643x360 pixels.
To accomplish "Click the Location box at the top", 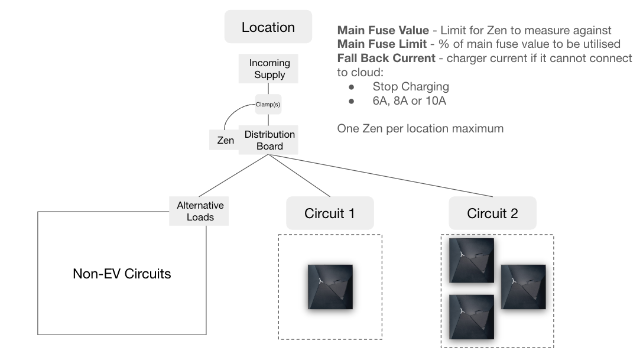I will [268, 27].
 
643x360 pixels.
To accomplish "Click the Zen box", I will [225, 140].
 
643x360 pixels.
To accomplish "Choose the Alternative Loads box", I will [200, 211].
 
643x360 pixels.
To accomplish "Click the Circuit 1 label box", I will [330, 213].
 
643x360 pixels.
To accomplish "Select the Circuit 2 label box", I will [492, 213].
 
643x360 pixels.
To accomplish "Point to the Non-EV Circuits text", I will [122, 274].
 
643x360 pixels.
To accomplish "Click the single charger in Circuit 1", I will [330, 287].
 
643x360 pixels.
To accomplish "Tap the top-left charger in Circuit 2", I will [471, 260].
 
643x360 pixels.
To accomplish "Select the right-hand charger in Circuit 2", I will [523, 287].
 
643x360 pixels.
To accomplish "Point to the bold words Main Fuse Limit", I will [381, 44].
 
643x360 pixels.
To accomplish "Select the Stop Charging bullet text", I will [410, 86].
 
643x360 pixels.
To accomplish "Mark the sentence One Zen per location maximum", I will [420, 128].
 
